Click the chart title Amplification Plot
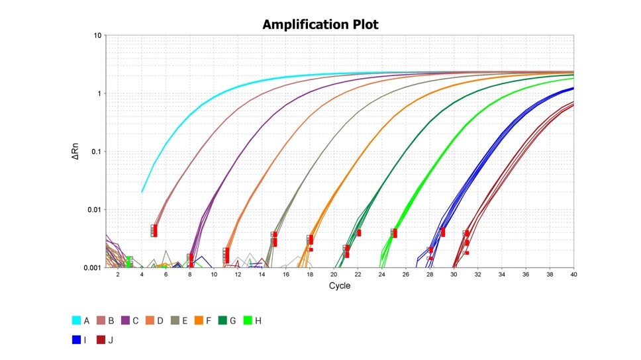click(320, 24)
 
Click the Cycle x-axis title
click(339, 286)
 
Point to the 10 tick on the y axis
click(96, 36)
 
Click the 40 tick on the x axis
click(573, 274)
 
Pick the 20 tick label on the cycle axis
click(334, 274)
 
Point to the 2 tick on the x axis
click(118, 274)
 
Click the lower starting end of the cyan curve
click(142, 192)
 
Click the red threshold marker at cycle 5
click(154, 230)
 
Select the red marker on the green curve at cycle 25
click(394, 233)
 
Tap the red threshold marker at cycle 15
click(274, 239)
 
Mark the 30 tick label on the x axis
click(454, 274)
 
